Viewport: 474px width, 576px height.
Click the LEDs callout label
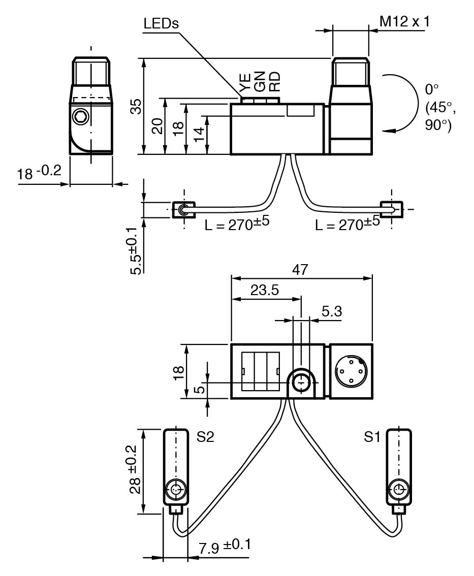pyautogui.click(x=162, y=24)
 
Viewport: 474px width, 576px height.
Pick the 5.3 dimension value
pyautogui.click(x=332, y=311)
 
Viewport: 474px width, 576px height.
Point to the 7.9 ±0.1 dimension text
pyautogui.click(x=225, y=546)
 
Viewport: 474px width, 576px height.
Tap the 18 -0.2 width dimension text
pyautogui.click(x=40, y=173)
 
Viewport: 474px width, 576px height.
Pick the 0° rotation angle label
pyautogui.click(x=431, y=90)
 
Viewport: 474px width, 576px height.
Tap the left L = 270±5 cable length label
pyautogui.click(x=237, y=223)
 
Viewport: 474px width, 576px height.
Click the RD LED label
pyautogui.click(x=274, y=81)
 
